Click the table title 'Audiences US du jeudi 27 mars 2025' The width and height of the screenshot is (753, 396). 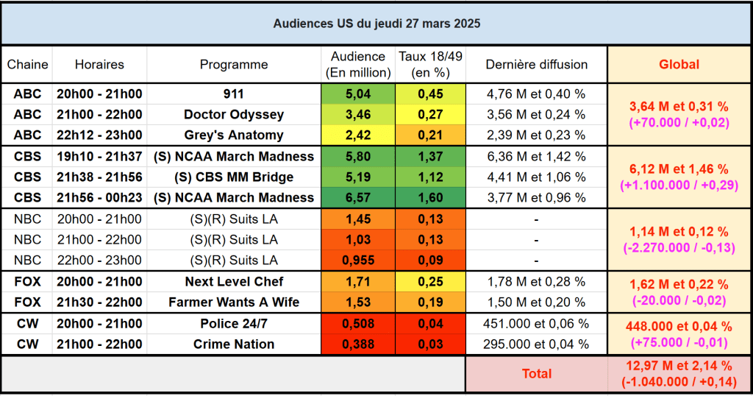pos(376,24)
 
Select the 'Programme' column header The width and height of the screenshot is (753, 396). pos(234,65)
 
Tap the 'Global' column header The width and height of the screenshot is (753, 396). pos(679,65)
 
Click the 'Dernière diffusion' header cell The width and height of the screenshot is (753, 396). pos(536,65)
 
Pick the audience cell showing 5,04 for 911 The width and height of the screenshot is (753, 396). pos(358,94)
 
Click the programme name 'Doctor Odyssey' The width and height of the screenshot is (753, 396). pos(234,115)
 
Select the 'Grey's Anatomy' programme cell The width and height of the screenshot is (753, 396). pos(234,135)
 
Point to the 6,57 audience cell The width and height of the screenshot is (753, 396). pos(358,198)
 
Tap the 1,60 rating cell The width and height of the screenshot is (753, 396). pos(430,198)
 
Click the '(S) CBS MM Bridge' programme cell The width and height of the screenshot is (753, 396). pos(234,177)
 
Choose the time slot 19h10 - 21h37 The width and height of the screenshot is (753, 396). pos(99,157)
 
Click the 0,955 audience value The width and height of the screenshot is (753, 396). pos(358,261)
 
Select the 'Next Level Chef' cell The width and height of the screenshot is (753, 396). pos(234,282)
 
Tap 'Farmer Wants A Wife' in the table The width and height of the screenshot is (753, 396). pos(234,303)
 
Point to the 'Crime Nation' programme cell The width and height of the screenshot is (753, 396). pos(234,344)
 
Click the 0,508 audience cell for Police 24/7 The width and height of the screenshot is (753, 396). pos(358,324)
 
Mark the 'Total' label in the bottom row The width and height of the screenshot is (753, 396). pos(536,374)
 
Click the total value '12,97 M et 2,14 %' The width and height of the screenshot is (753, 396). pos(679,366)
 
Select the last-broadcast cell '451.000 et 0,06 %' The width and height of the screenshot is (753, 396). pos(536,324)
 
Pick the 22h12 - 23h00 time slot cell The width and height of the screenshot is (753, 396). pos(99,135)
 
